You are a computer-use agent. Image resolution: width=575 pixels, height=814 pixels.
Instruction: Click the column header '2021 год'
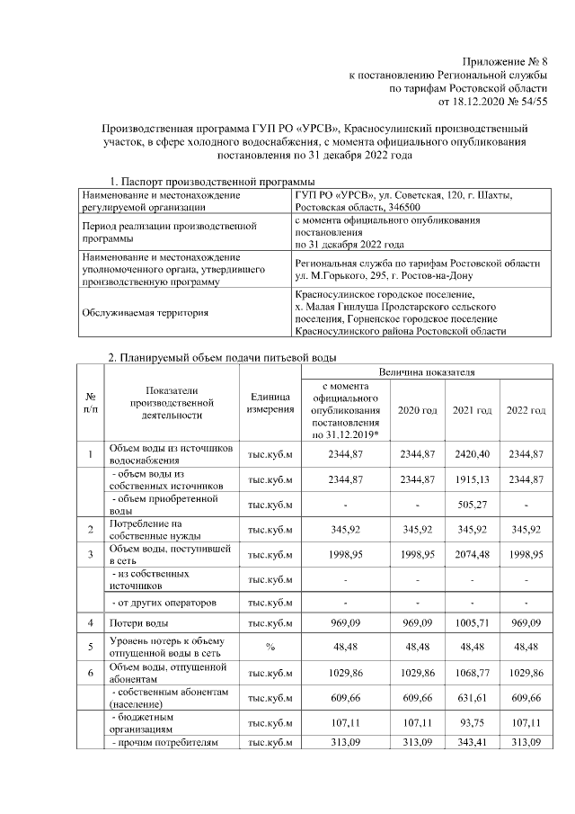point(472,410)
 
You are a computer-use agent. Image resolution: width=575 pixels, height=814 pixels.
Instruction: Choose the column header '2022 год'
point(525,410)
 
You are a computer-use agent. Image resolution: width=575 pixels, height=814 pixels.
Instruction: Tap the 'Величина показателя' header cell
point(427,371)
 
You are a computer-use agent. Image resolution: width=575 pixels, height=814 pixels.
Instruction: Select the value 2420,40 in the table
point(472,453)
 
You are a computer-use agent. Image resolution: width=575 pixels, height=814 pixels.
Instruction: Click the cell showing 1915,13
point(472,480)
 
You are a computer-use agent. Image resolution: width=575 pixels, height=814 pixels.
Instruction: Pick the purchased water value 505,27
point(472,505)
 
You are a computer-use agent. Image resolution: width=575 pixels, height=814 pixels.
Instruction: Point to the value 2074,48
point(472,554)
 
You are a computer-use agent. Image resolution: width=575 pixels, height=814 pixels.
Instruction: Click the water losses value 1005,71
point(472,622)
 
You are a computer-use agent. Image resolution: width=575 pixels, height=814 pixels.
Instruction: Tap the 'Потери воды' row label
point(136,622)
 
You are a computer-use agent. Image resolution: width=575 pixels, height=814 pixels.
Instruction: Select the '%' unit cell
point(267,647)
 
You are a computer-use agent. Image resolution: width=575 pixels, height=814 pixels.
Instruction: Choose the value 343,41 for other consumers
point(472,743)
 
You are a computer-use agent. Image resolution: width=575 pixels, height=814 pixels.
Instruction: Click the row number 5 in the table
point(91,647)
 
